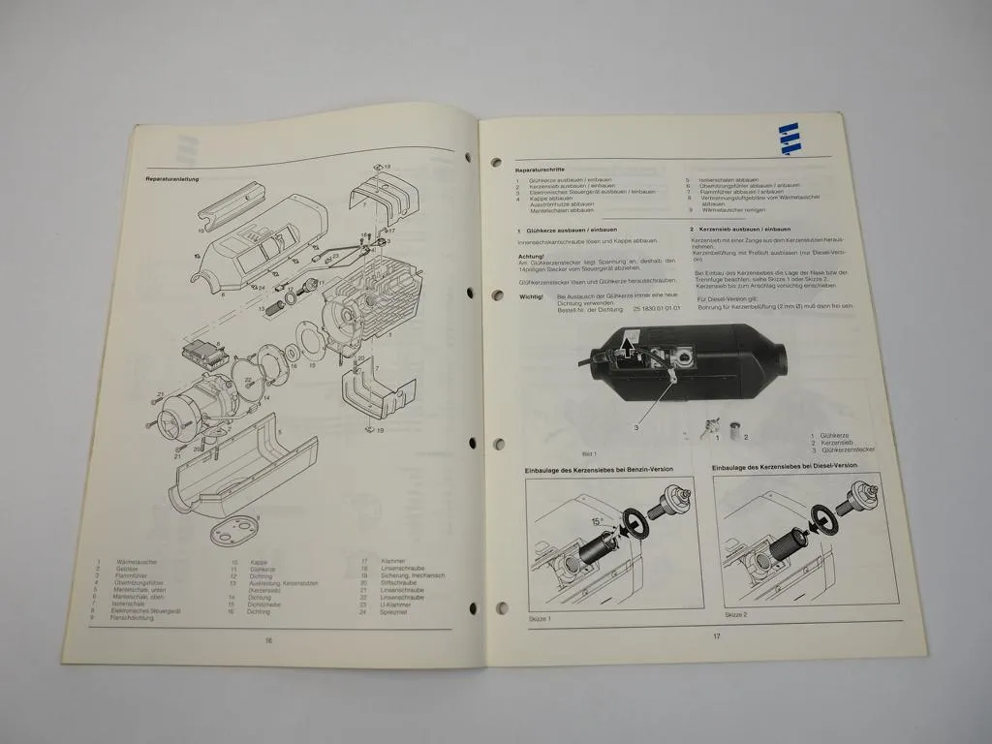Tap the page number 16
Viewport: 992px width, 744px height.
coord(268,640)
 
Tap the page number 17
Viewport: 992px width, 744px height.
coord(717,636)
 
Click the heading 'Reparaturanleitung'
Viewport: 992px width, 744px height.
coord(172,179)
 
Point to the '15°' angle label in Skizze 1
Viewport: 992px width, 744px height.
coord(597,522)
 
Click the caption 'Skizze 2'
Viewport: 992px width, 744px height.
coord(736,615)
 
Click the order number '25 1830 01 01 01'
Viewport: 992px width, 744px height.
coord(663,307)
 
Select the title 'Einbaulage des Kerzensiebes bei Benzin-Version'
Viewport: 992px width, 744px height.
coord(601,469)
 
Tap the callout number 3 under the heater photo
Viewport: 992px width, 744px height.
coord(636,427)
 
